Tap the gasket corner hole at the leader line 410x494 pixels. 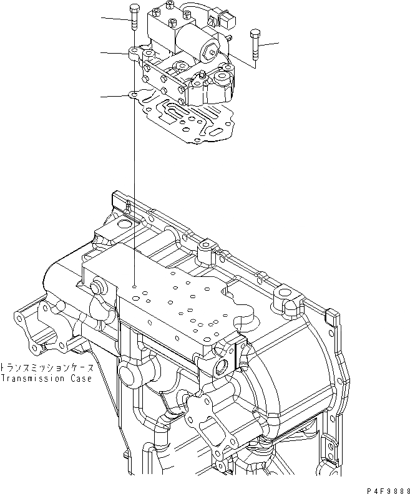[x=133, y=95]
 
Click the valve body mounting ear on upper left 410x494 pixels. [x=134, y=54]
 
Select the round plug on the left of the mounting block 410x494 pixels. [x=97, y=287]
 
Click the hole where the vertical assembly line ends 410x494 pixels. [x=134, y=286]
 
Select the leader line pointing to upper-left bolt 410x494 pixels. [x=116, y=19]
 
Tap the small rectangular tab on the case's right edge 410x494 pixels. [x=334, y=318]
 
